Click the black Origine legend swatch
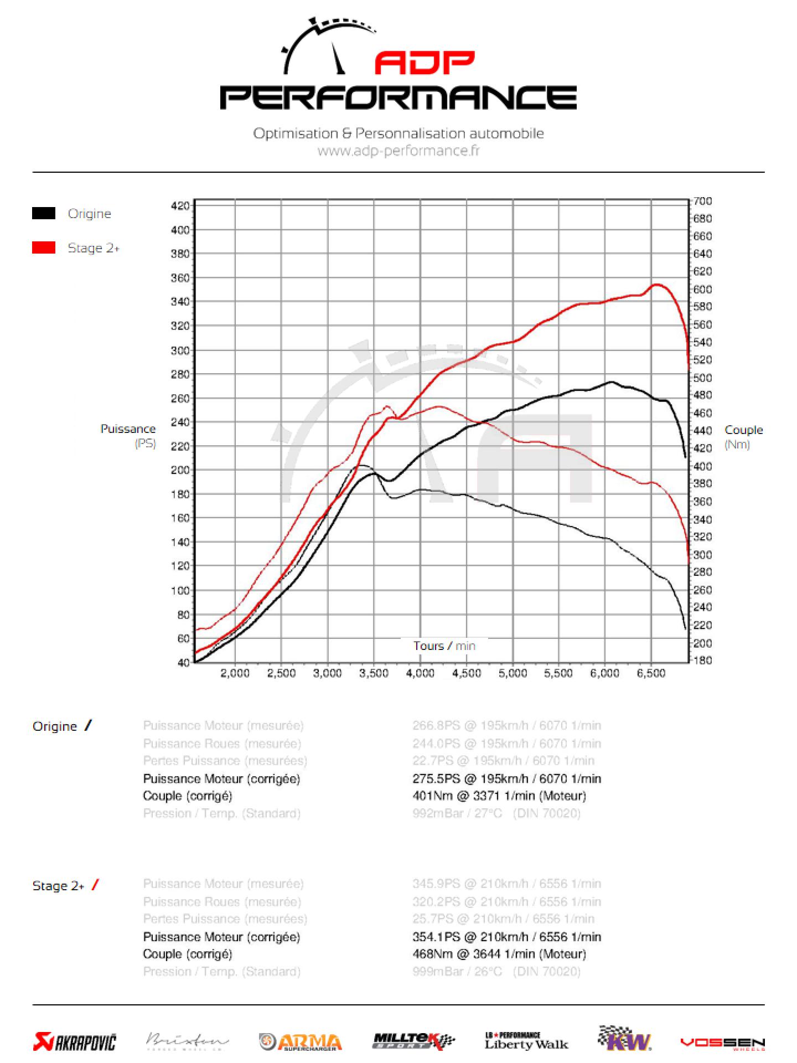pyautogui.click(x=44, y=213)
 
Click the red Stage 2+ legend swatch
pyautogui.click(x=44, y=247)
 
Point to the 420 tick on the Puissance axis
pyautogui.click(x=180, y=206)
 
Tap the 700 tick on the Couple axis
pyautogui.click(x=703, y=201)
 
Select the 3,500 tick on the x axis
pyautogui.click(x=374, y=673)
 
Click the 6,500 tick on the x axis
pyautogui.click(x=651, y=673)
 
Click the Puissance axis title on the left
pyautogui.click(x=128, y=429)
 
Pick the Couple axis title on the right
pyautogui.click(x=743, y=430)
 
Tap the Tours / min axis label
pyautogui.click(x=444, y=646)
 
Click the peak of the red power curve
pyautogui.click(x=656, y=285)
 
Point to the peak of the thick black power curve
pyautogui.click(x=611, y=381)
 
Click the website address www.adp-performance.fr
pyautogui.click(x=398, y=151)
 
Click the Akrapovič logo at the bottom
pyautogui.click(x=75, y=1043)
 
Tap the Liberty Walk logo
pyautogui.click(x=526, y=1041)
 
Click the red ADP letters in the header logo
pyautogui.click(x=425, y=63)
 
